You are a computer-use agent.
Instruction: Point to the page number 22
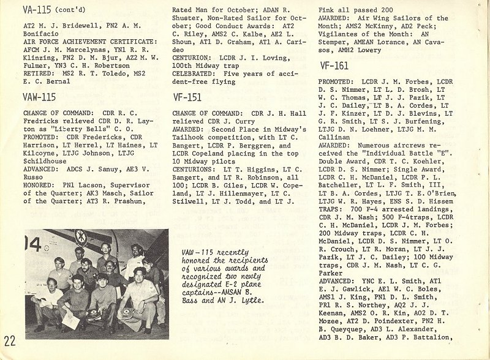[x=10, y=340]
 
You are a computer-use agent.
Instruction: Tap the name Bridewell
[x=70, y=24]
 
